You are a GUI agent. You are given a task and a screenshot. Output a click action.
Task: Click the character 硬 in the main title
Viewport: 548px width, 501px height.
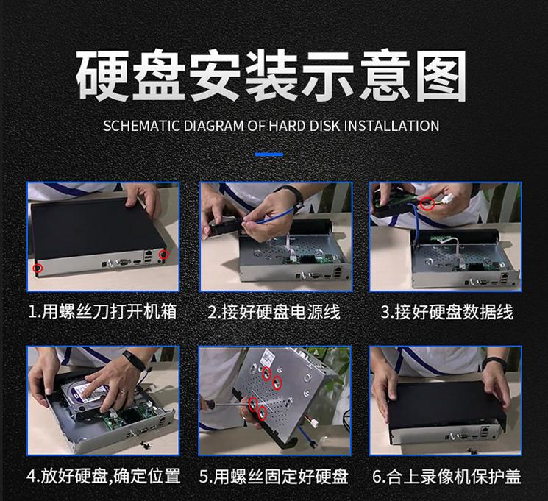click(102, 76)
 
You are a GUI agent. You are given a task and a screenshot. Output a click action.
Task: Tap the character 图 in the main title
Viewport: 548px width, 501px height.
click(441, 76)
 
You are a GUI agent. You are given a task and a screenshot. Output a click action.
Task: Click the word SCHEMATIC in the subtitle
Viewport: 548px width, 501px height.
click(141, 126)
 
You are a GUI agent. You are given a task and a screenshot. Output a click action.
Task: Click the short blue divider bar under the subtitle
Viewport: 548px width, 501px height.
click(269, 154)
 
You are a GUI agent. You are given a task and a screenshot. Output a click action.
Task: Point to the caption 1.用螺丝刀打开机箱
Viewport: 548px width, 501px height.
click(102, 311)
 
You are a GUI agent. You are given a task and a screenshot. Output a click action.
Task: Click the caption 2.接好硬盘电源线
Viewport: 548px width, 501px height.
click(274, 312)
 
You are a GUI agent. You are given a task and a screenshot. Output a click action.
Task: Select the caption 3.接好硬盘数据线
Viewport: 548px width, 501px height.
click(446, 312)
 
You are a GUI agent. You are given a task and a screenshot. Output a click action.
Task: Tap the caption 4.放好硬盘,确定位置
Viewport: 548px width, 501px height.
click(104, 476)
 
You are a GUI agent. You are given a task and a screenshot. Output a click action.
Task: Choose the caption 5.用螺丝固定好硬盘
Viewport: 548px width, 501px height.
click(274, 476)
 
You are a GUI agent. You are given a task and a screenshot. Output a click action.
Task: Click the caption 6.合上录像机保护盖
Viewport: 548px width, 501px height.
click(446, 477)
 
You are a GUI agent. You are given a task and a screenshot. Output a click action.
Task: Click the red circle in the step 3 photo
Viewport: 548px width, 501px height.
click(427, 203)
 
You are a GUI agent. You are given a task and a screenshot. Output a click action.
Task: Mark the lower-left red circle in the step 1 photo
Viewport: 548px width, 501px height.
click(38, 269)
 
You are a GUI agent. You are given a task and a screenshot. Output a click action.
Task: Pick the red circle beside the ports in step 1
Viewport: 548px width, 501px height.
click(164, 254)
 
